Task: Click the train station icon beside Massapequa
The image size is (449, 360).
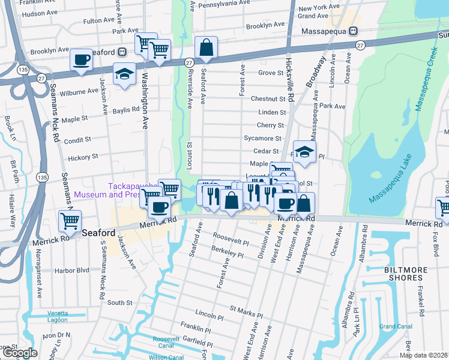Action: (355, 31)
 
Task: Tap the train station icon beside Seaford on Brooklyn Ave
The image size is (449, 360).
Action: (122, 52)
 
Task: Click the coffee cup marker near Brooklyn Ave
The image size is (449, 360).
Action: (81, 59)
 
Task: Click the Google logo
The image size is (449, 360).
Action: (19, 353)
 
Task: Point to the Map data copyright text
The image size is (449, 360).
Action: (423, 355)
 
